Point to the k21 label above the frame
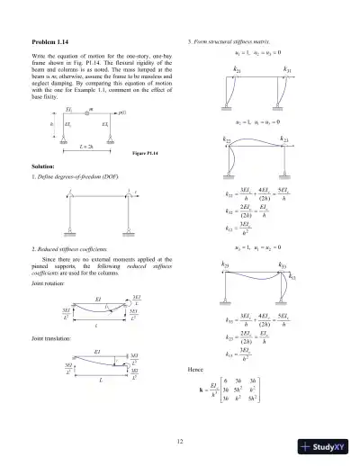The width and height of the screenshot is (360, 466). [237, 69]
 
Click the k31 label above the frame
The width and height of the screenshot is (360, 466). [286, 69]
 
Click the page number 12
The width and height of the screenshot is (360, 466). [180, 440]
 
